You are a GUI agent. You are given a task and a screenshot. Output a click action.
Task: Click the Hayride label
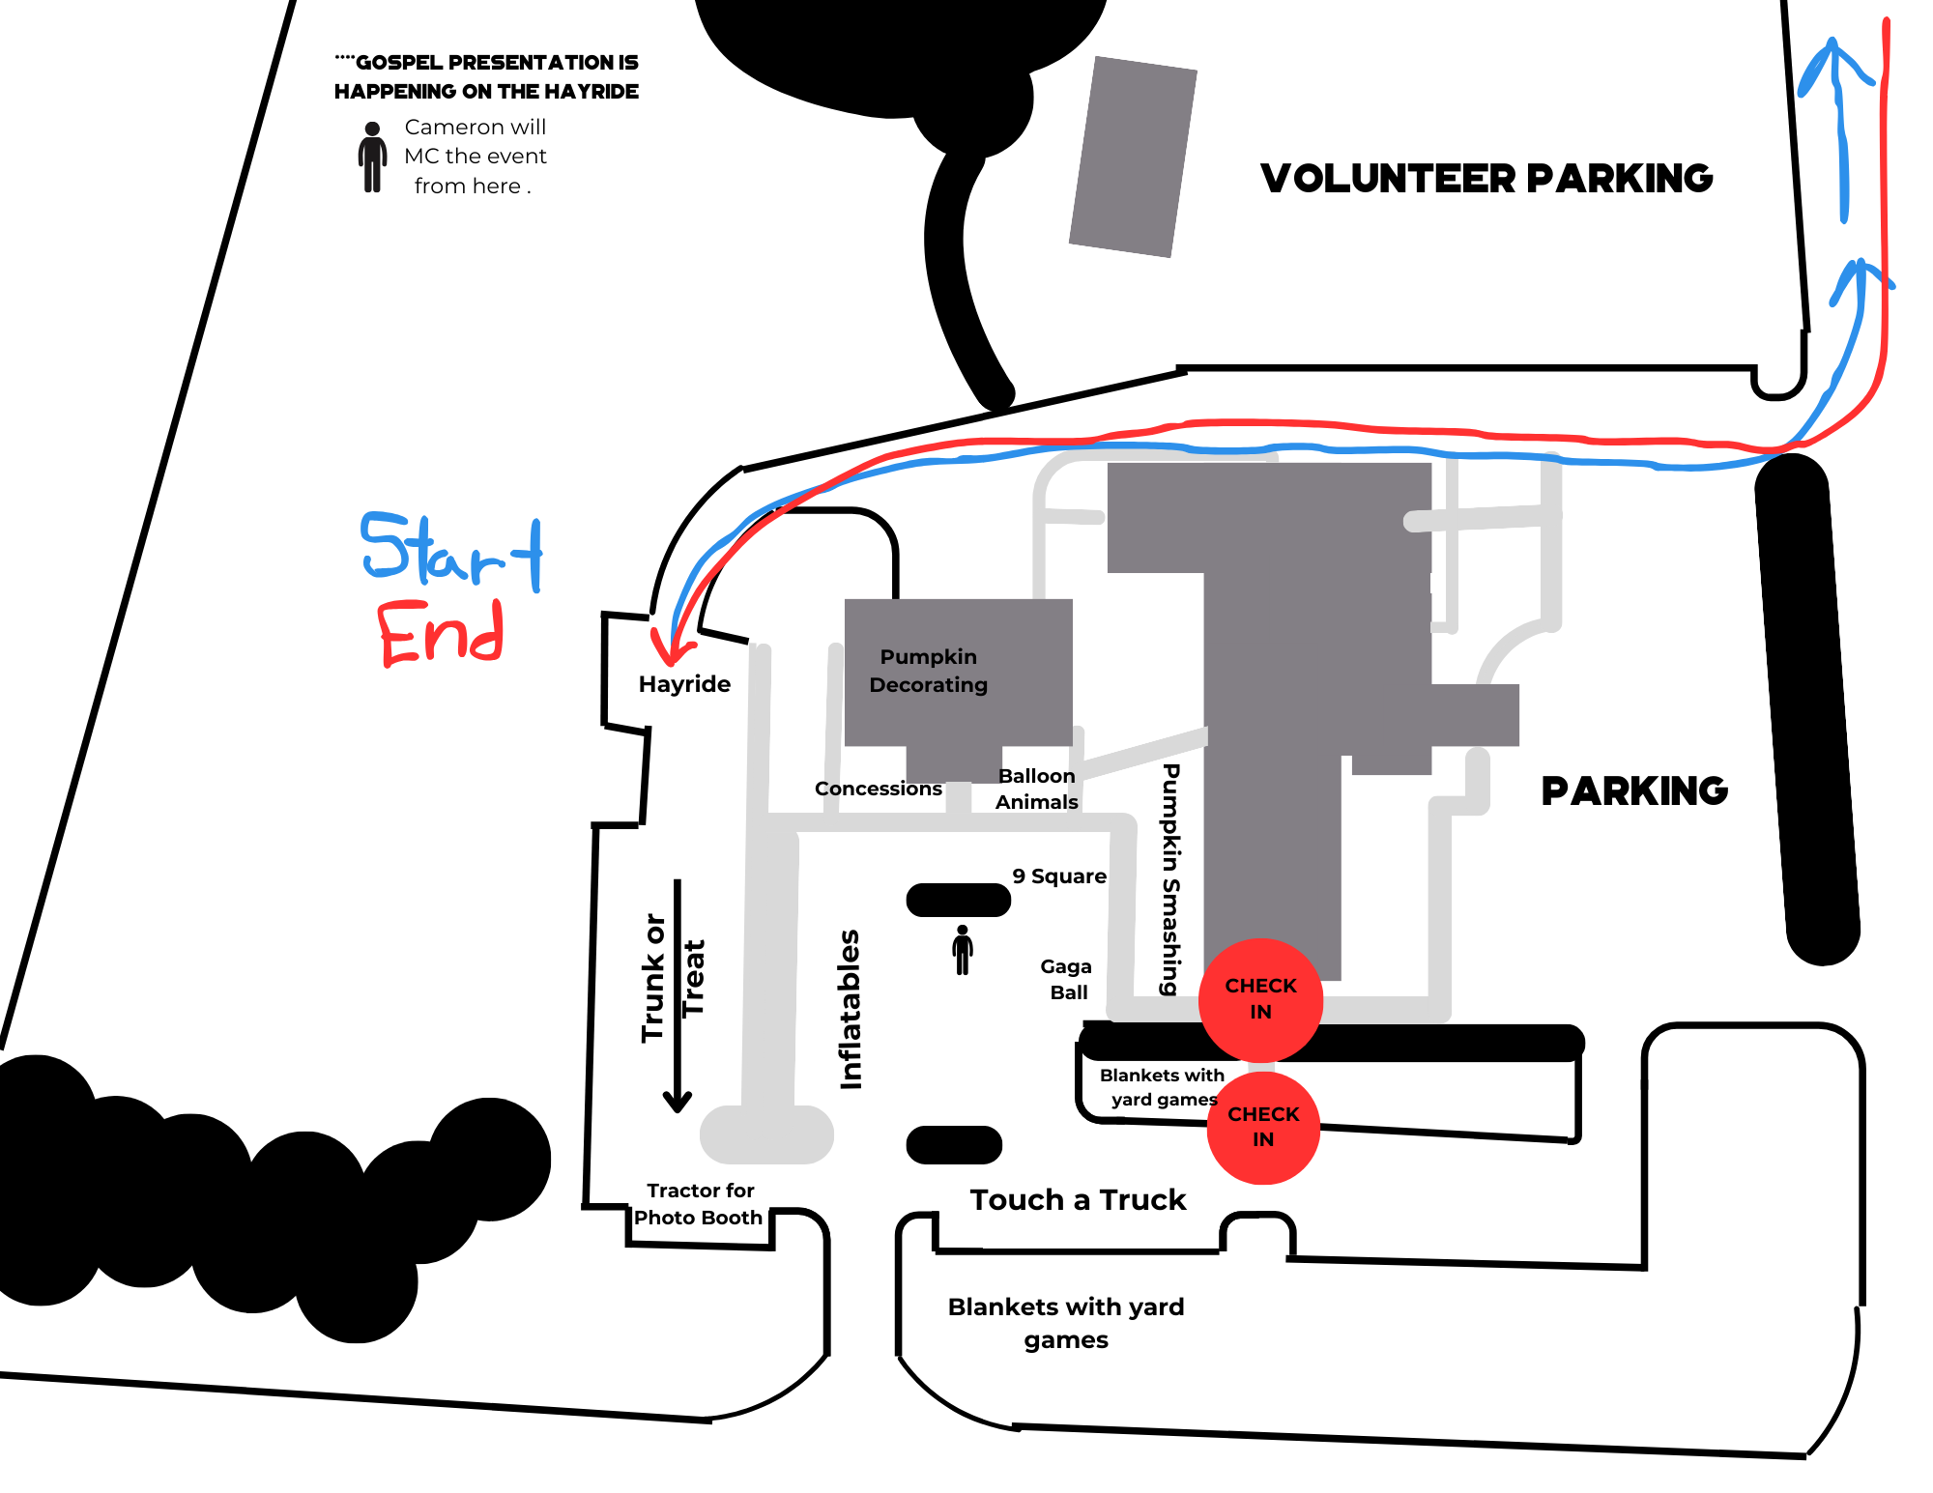click(684, 684)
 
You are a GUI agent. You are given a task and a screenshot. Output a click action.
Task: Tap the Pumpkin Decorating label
click(928, 671)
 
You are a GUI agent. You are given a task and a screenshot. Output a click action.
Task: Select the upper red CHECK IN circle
click(1260, 999)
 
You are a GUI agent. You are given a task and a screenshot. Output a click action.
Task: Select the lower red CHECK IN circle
click(1263, 1127)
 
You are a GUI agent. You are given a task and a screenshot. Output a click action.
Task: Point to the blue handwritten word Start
click(451, 552)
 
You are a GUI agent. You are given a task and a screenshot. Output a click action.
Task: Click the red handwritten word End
click(441, 634)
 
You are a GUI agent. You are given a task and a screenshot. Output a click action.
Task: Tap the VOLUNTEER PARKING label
click(1486, 179)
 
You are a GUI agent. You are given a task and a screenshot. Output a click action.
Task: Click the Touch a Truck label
click(1078, 1200)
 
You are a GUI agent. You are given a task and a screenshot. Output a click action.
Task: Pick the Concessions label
click(878, 789)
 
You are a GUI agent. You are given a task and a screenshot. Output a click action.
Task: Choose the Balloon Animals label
click(1036, 789)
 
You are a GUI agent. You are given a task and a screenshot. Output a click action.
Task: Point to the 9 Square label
click(1059, 876)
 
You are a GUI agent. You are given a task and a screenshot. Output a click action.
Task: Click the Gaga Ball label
click(1067, 979)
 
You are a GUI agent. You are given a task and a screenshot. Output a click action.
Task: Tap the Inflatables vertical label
click(850, 1009)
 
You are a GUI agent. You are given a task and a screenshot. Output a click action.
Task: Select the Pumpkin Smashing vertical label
click(1170, 879)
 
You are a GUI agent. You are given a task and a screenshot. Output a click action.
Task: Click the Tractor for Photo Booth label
click(699, 1204)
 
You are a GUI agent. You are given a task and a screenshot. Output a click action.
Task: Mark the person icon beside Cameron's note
click(372, 157)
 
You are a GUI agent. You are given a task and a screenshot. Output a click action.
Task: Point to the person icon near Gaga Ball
click(962, 950)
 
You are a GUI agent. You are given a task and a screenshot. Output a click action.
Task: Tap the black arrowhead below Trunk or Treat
click(677, 1102)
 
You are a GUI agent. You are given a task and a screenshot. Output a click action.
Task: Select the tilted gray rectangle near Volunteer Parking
click(1133, 157)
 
